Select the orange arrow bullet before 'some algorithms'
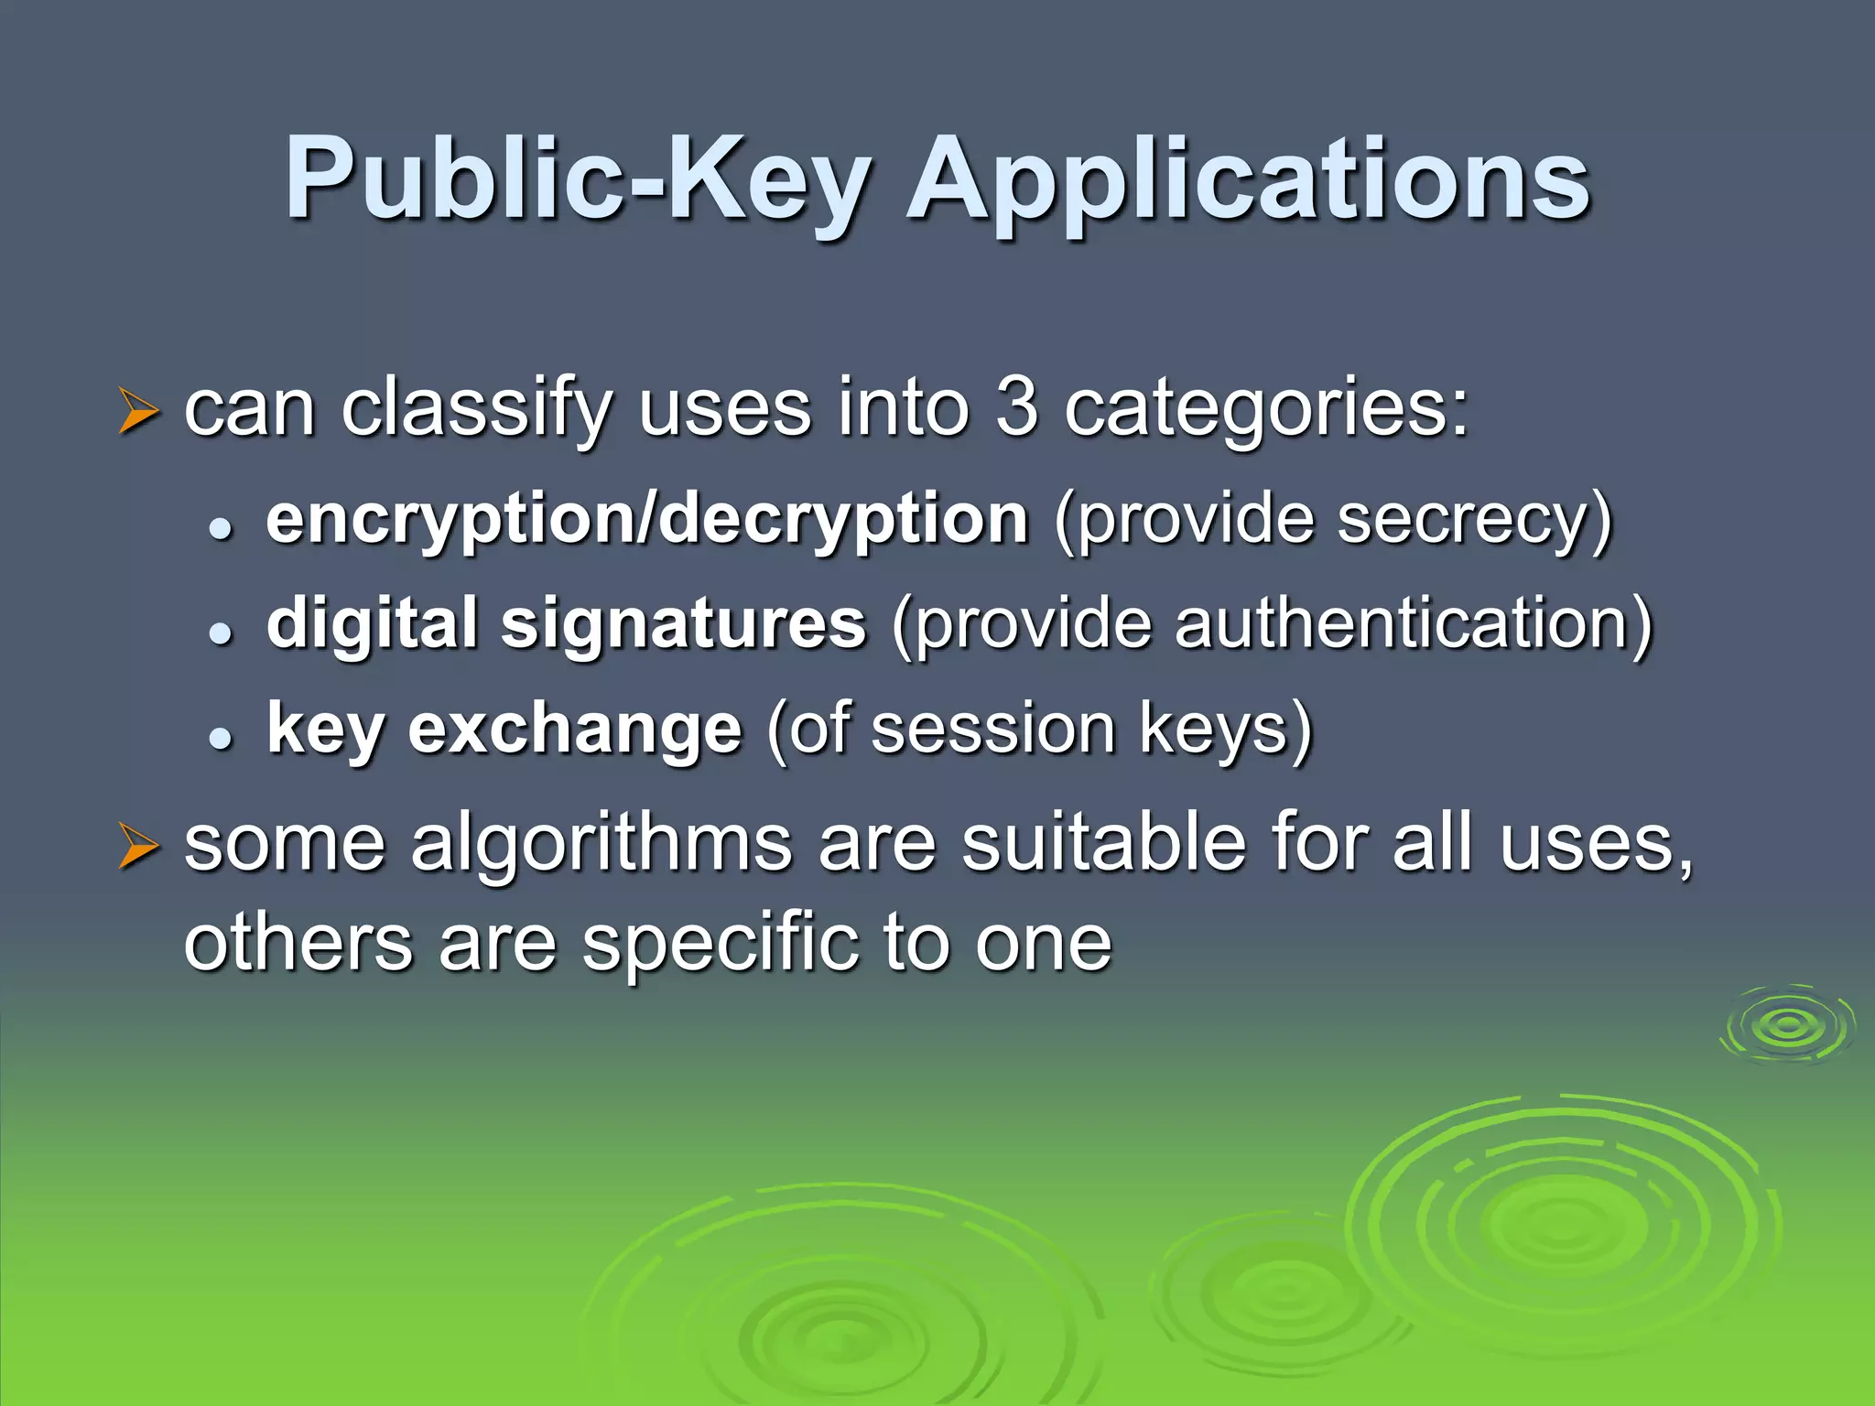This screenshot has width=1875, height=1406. pos(139,847)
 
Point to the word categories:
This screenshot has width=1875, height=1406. pos(1266,409)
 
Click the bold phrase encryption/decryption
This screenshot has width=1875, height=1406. pos(647,519)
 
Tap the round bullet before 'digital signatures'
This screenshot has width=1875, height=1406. pos(220,633)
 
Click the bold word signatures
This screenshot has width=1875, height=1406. pos(683,624)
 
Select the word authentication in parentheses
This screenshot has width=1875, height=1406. pos(1412,623)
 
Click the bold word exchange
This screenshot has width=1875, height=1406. pos(575,730)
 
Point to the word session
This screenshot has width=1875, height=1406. pos(993,730)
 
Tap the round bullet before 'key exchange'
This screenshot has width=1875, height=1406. pos(220,738)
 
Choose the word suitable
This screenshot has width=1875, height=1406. pos(1103,843)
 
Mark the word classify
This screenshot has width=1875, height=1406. pos(476,409)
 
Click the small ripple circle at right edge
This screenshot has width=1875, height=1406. pos(1787,1025)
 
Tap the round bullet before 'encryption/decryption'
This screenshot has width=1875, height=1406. pos(220,528)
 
